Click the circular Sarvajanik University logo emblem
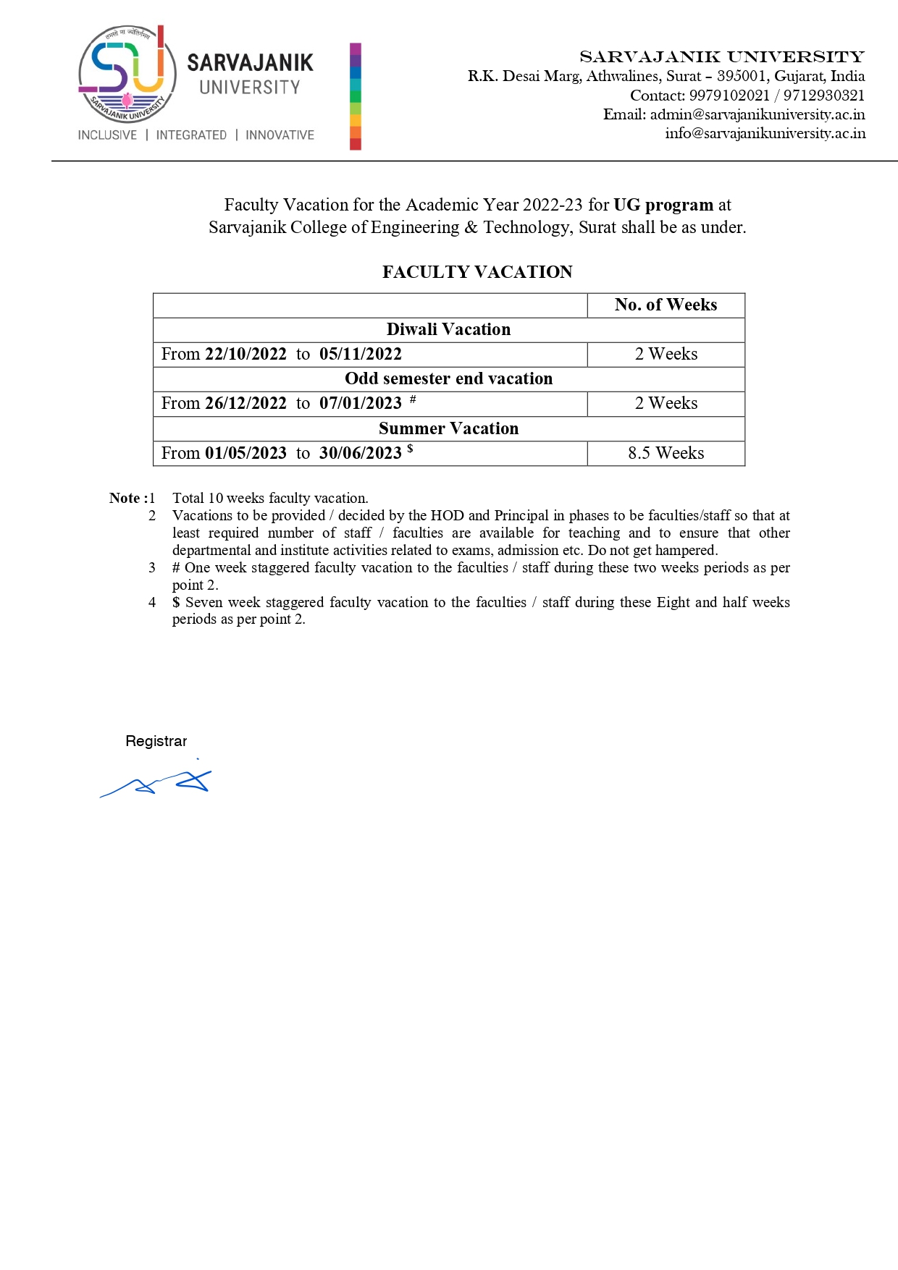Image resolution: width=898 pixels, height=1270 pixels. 127,73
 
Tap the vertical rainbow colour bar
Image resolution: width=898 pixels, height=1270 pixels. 355,96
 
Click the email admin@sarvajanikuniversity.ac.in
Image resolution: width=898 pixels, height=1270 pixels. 757,114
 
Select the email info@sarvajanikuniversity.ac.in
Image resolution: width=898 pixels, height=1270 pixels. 765,133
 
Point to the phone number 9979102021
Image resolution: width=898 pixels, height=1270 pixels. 729,96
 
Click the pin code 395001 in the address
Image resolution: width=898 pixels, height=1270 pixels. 742,76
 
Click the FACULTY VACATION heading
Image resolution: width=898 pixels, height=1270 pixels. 477,272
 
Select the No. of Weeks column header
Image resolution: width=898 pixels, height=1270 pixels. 666,305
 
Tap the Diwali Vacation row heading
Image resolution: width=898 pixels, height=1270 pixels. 448,329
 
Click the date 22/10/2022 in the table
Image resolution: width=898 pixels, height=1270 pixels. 246,354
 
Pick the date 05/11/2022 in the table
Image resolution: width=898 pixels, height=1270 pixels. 360,354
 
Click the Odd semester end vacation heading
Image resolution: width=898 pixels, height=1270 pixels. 448,378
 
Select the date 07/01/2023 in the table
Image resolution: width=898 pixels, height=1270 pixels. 360,403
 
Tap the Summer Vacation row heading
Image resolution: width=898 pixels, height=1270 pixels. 448,428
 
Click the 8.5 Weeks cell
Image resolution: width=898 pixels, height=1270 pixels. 666,453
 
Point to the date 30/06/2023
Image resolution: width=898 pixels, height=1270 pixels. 360,453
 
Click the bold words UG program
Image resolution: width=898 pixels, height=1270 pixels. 663,205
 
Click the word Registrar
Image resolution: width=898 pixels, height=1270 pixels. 156,741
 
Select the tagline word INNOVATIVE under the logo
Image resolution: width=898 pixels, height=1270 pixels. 280,135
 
